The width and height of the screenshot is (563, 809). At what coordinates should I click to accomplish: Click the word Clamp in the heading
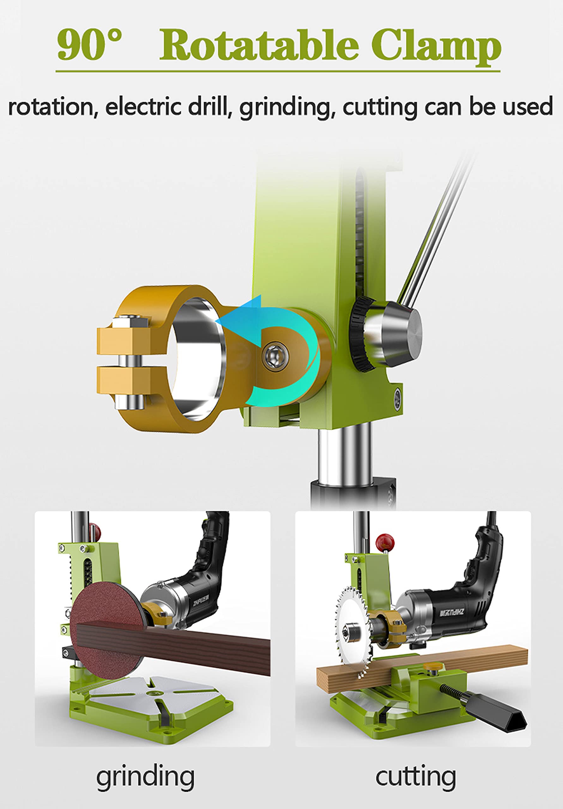tap(436, 48)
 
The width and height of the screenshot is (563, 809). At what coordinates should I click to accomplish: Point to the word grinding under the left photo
tap(145, 778)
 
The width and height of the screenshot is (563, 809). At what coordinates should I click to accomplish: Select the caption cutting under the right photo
tap(416, 778)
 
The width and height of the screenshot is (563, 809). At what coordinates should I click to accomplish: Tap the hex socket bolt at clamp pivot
tap(275, 356)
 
